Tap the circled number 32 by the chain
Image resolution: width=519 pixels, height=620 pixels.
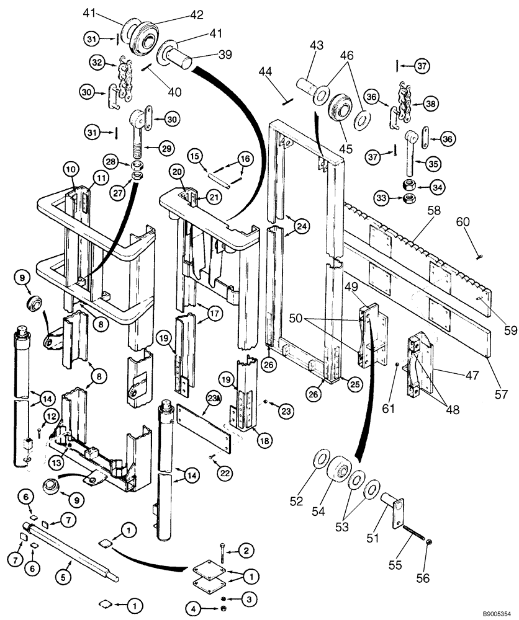(x=96, y=63)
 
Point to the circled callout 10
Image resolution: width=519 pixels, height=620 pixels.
(x=70, y=168)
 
